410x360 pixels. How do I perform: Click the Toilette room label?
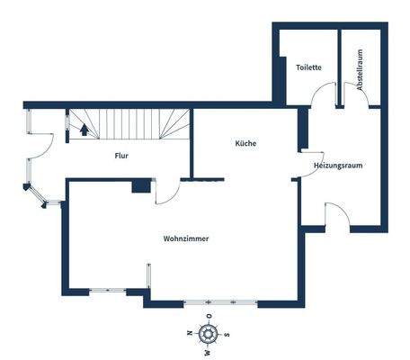pos(309,67)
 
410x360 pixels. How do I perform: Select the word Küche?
pos(246,144)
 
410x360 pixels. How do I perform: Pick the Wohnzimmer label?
pos(186,239)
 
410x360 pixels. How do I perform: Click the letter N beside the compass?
pos(190,335)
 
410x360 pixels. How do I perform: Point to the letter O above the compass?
pos(209,317)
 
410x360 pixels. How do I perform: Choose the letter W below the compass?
pos(208,352)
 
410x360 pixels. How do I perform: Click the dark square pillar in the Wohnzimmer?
pos(140,186)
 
